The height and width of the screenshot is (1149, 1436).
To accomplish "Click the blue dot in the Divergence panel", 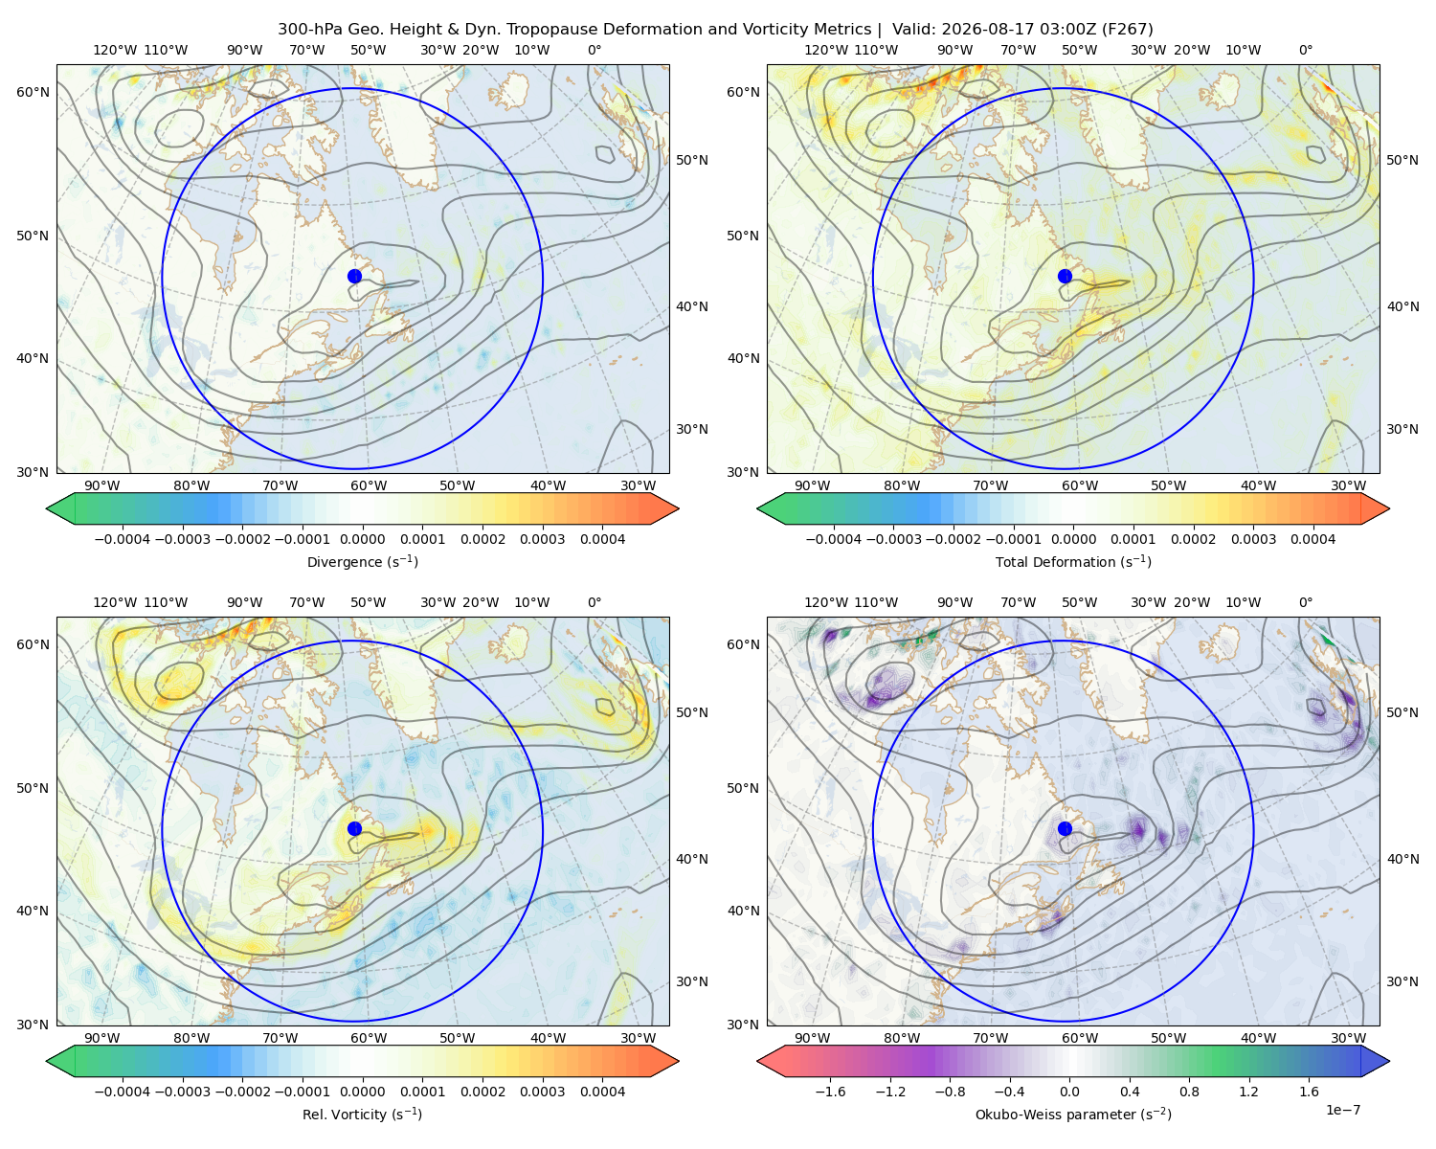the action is pyautogui.click(x=354, y=277).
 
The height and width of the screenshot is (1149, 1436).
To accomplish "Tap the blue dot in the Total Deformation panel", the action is pyautogui.click(x=1065, y=277).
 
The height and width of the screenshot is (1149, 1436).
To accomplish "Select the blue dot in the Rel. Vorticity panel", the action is pyautogui.click(x=354, y=828).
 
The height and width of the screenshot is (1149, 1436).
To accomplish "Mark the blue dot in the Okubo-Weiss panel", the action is pyautogui.click(x=1065, y=828).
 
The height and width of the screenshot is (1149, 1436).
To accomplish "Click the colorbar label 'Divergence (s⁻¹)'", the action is pyautogui.click(x=362, y=562).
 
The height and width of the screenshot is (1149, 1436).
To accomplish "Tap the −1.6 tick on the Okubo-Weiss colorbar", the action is pyautogui.click(x=831, y=1092).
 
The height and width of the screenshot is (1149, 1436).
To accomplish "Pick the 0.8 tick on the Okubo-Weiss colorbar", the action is pyautogui.click(x=1189, y=1092).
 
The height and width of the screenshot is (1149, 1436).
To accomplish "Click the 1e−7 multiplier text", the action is pyautogui.click(x=1342, y=1110).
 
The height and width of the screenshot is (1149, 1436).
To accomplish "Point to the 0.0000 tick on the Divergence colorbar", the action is pyautogui.click(x=362, y=539).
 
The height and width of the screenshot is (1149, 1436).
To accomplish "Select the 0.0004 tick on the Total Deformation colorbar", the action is pyautogui.click(x=1313, y=539).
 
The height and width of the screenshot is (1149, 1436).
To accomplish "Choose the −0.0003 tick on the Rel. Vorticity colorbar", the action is pyautogui.click(x=182, y=1092).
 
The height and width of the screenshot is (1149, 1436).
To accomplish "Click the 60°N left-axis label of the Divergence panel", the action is pyautogui.click(x=33, y=92).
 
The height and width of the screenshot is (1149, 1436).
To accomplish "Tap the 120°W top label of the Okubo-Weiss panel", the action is pyautogui.click(x=826, y=602).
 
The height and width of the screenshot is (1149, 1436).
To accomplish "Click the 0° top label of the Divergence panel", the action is pyautogui.click(x=595, y=50).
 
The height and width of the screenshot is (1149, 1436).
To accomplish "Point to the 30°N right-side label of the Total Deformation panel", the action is pyautogui.click(x=1402, y=429).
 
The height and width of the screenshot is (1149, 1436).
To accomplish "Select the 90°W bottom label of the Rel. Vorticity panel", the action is pyautogui.click(x=102, y=1038).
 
